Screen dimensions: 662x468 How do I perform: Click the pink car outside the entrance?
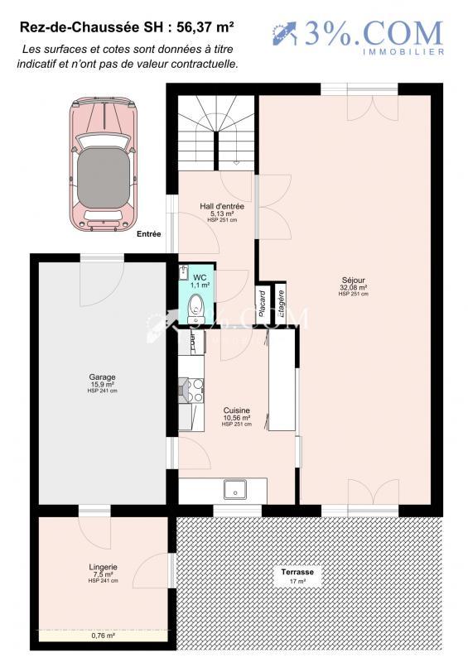coord(103,164)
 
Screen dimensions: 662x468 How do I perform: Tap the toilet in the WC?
coord(196,309)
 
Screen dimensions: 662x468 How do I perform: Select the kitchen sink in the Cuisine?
coord(234,489)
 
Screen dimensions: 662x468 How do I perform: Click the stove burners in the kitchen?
coord(191,390)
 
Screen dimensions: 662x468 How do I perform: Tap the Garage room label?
coord(103,377)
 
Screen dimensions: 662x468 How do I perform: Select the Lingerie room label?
coord(104,567)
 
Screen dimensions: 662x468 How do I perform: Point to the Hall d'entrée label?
coord(221,205)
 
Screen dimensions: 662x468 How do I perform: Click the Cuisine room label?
coord(236,410)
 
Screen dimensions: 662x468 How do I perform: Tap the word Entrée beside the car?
coord(149,234)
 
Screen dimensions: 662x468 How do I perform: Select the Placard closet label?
coord(262,305)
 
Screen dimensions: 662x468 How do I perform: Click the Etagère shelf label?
coord(282,305)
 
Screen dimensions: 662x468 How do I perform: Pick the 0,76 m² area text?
coord(104,636)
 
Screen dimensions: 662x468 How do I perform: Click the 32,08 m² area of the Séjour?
coord(354,287)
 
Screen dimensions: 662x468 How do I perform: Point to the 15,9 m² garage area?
coord(103,385)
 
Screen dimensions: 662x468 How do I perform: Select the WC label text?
coord(200,276)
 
